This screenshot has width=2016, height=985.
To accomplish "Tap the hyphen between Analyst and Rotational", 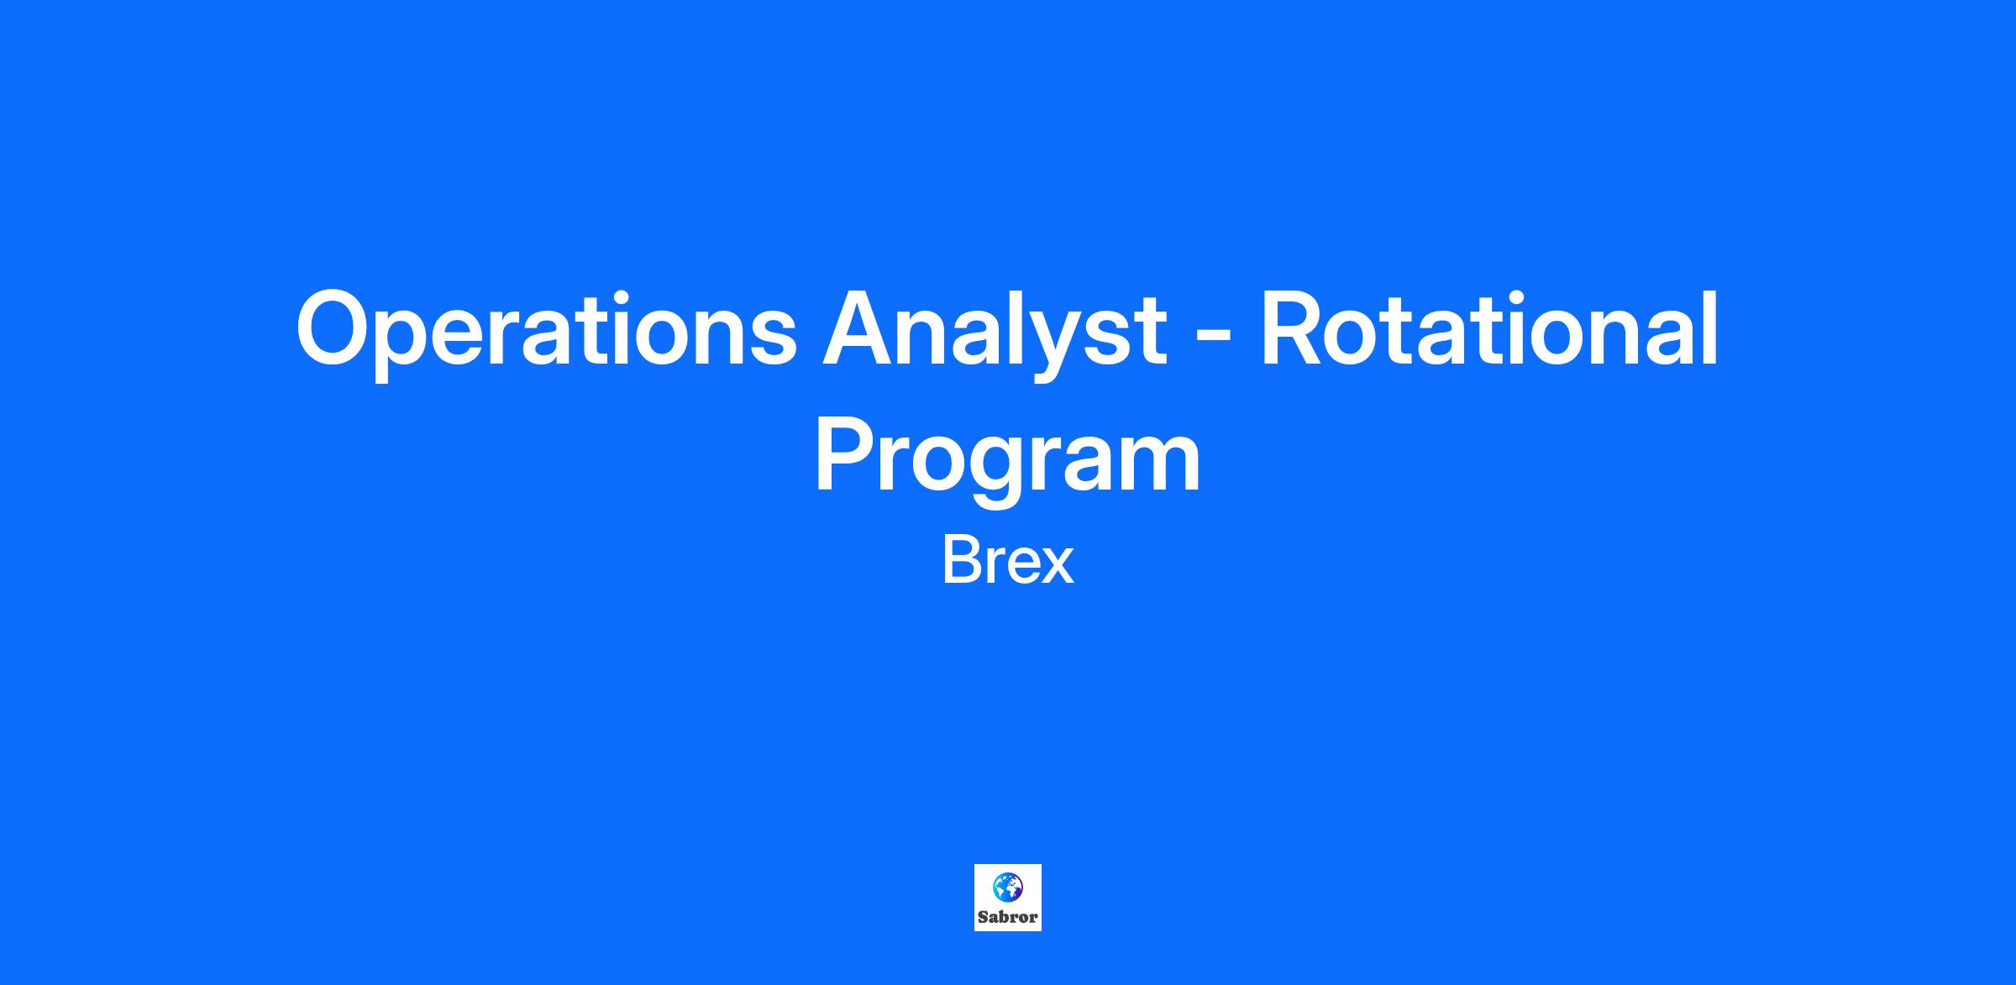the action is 1214,338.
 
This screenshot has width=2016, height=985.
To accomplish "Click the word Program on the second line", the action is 1008,459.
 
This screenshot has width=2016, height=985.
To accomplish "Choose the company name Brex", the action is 1008,562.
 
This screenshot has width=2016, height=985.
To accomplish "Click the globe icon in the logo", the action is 1008,887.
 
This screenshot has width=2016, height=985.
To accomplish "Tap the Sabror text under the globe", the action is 1008,917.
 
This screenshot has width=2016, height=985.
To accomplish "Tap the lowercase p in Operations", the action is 420,346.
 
